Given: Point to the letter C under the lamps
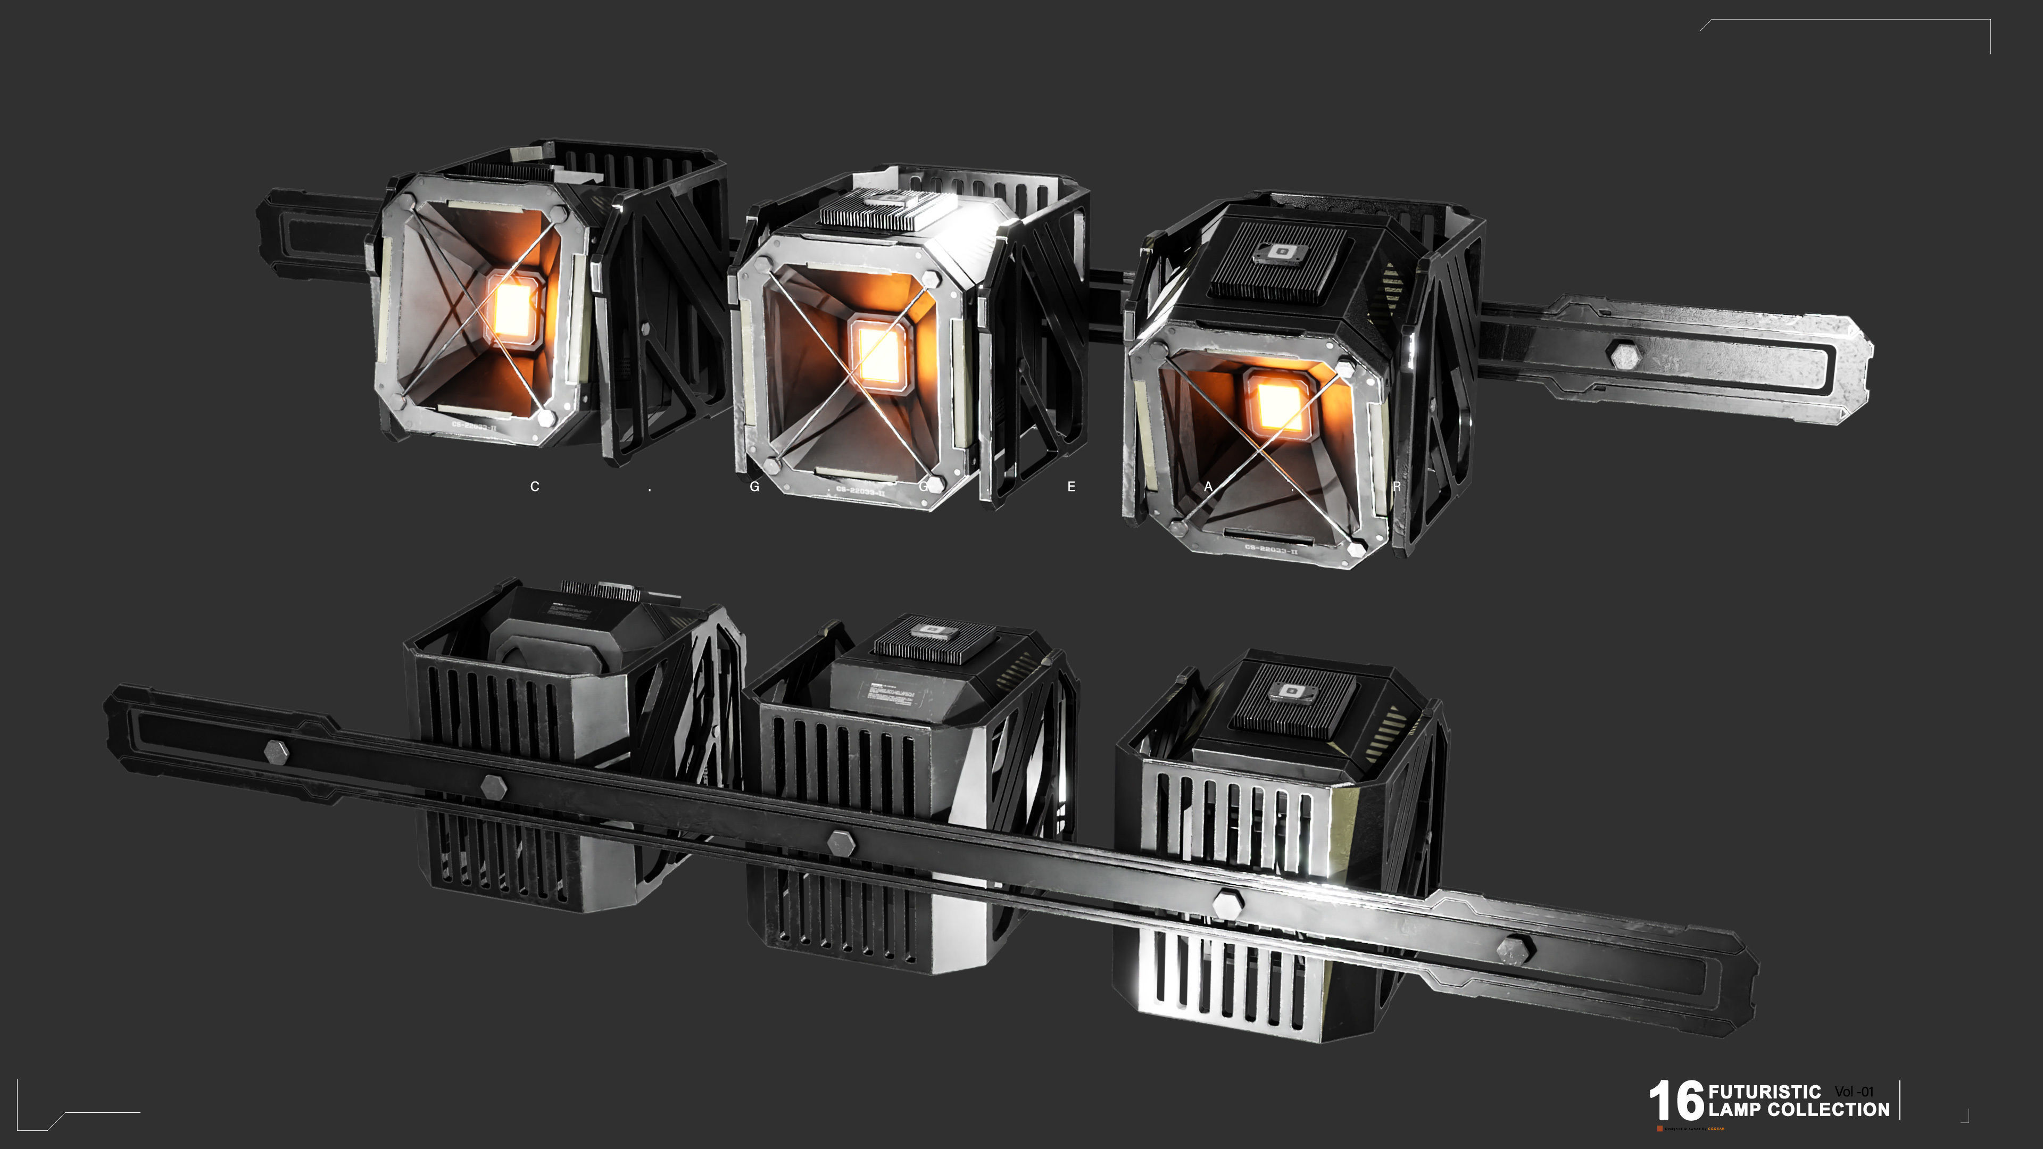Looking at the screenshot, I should (x=535, y=486).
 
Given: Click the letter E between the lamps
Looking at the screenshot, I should (x=1070, y=486).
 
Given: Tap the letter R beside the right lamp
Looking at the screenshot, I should (x=1396, y=486).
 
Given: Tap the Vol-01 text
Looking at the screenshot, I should (x=1854, y=1092).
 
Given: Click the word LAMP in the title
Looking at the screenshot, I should (x=1734, y=1110).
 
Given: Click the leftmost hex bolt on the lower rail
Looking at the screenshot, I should (x=276, y=751).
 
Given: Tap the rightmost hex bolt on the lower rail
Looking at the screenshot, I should (x=1515, y=948).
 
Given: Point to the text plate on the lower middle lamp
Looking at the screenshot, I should (x=892, y=695).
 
